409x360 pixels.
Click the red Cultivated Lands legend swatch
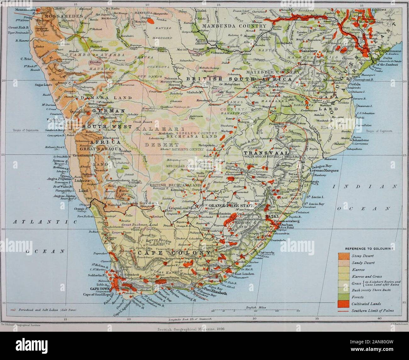[x=345, y=303]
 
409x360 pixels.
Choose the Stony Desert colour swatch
[x=345, y=256]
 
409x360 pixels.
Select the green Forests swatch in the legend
[x=345, y=296]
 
